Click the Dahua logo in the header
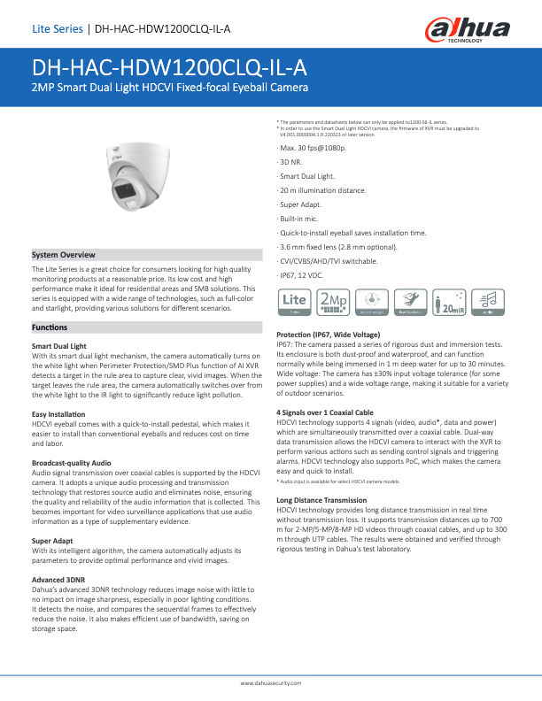click(x=468, y=29)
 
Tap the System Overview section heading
click(x=64, y=254)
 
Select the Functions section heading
click(x=50, y=303)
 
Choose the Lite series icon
click(x=294, y=303)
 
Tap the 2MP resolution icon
click(x=333, y=303)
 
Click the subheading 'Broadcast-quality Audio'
click(x=71, y=462)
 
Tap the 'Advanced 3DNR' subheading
click(x=58, y=579)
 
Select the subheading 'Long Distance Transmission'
click(x=321, y=500)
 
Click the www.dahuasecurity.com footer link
click(x=271, y=684)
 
